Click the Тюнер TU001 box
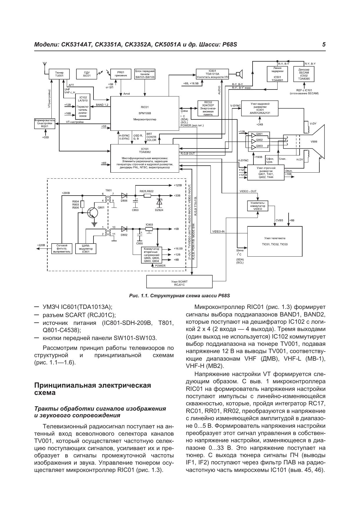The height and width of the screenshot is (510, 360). click(59, 74)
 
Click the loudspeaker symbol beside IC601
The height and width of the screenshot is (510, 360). click(239, 74)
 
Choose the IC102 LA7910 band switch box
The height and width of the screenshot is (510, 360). click(83, 106)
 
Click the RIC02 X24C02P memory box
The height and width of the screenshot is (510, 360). click(208, 108)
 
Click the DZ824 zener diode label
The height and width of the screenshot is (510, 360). click(159, 210)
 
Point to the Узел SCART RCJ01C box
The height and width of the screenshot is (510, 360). click(179, 283)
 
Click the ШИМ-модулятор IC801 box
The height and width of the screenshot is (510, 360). click(86, 248)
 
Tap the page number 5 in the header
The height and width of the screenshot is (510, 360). click(324, 44)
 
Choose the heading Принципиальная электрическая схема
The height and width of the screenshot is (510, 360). click(93, 389)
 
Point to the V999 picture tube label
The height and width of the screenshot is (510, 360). click(314, 142)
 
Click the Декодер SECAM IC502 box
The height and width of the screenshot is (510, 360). click(304, 74)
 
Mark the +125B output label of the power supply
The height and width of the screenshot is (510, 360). click(178, 185)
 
